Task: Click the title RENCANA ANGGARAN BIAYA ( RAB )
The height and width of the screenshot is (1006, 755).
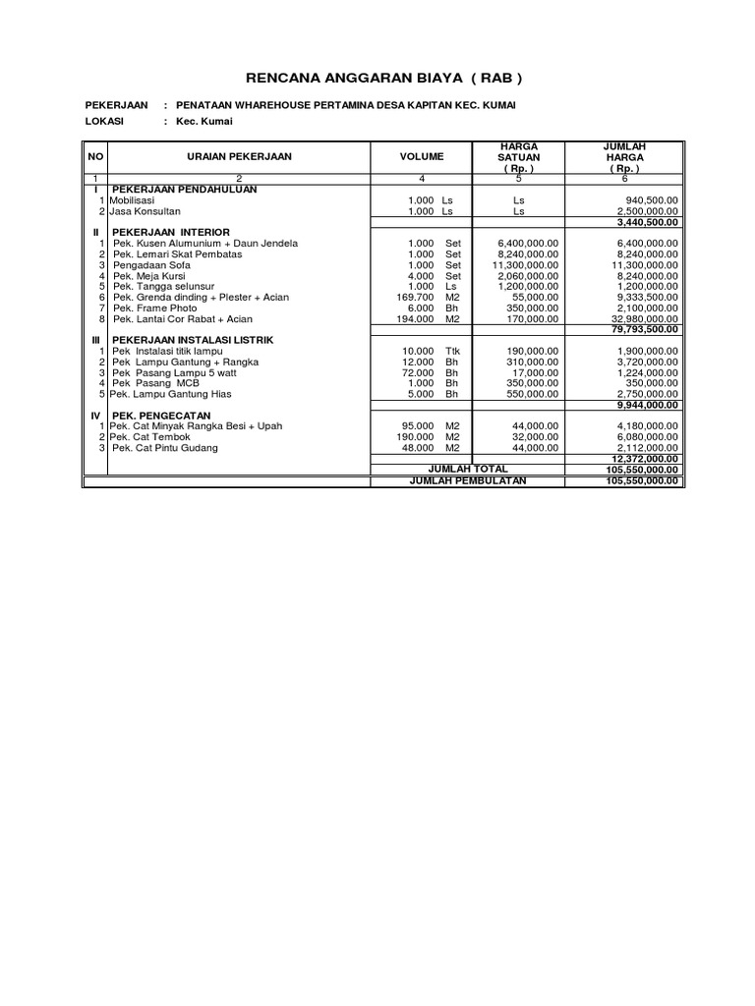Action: click(377, 78)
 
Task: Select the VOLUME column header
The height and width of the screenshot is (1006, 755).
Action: click(422, 156)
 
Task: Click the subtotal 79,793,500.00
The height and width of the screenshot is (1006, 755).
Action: click(644, 329)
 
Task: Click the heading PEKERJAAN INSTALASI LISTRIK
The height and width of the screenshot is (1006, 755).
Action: click(193, 339)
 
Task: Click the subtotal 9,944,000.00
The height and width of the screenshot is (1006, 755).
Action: click(646, 404)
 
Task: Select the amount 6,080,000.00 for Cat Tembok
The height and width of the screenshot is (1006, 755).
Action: click(647, 436)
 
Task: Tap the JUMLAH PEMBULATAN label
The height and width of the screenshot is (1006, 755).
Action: click(468, 480)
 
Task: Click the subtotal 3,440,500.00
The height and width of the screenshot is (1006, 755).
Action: click(646, 221)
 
